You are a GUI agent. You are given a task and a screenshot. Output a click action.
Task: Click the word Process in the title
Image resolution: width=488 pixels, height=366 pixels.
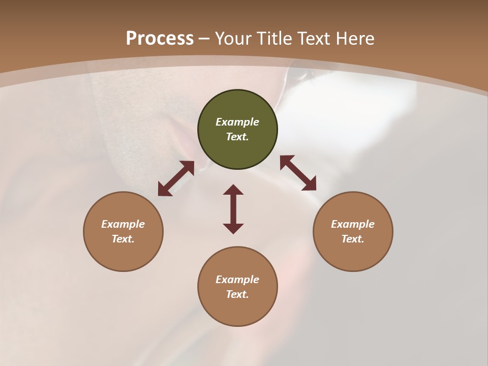click(160, 39)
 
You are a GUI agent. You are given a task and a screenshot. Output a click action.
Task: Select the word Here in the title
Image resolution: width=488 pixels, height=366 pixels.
click(356, 39)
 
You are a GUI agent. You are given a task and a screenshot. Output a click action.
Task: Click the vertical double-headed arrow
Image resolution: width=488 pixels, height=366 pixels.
click(233, 209)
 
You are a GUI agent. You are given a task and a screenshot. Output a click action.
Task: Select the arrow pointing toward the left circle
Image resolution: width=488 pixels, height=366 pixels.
click(176, 178)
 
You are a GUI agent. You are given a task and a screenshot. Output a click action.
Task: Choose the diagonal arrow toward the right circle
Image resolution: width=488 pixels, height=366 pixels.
click(298, 173)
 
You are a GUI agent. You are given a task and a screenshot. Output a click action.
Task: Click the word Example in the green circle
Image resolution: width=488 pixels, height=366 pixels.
click(237, 122)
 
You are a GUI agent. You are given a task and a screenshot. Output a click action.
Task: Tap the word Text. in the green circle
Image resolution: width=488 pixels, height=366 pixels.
click(237, 137)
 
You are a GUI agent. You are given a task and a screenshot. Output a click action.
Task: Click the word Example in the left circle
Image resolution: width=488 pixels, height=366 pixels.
click(123, 224)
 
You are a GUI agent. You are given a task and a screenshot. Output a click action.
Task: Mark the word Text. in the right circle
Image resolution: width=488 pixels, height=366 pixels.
click(353, 239)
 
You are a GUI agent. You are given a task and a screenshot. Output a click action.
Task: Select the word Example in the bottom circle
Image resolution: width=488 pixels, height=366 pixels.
click(237, 280)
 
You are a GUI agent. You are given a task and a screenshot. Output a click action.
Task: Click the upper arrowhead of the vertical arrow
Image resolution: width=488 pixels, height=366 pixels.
click(233, 190)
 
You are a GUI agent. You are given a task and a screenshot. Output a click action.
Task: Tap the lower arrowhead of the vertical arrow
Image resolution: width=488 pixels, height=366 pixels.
click(233, 228)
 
